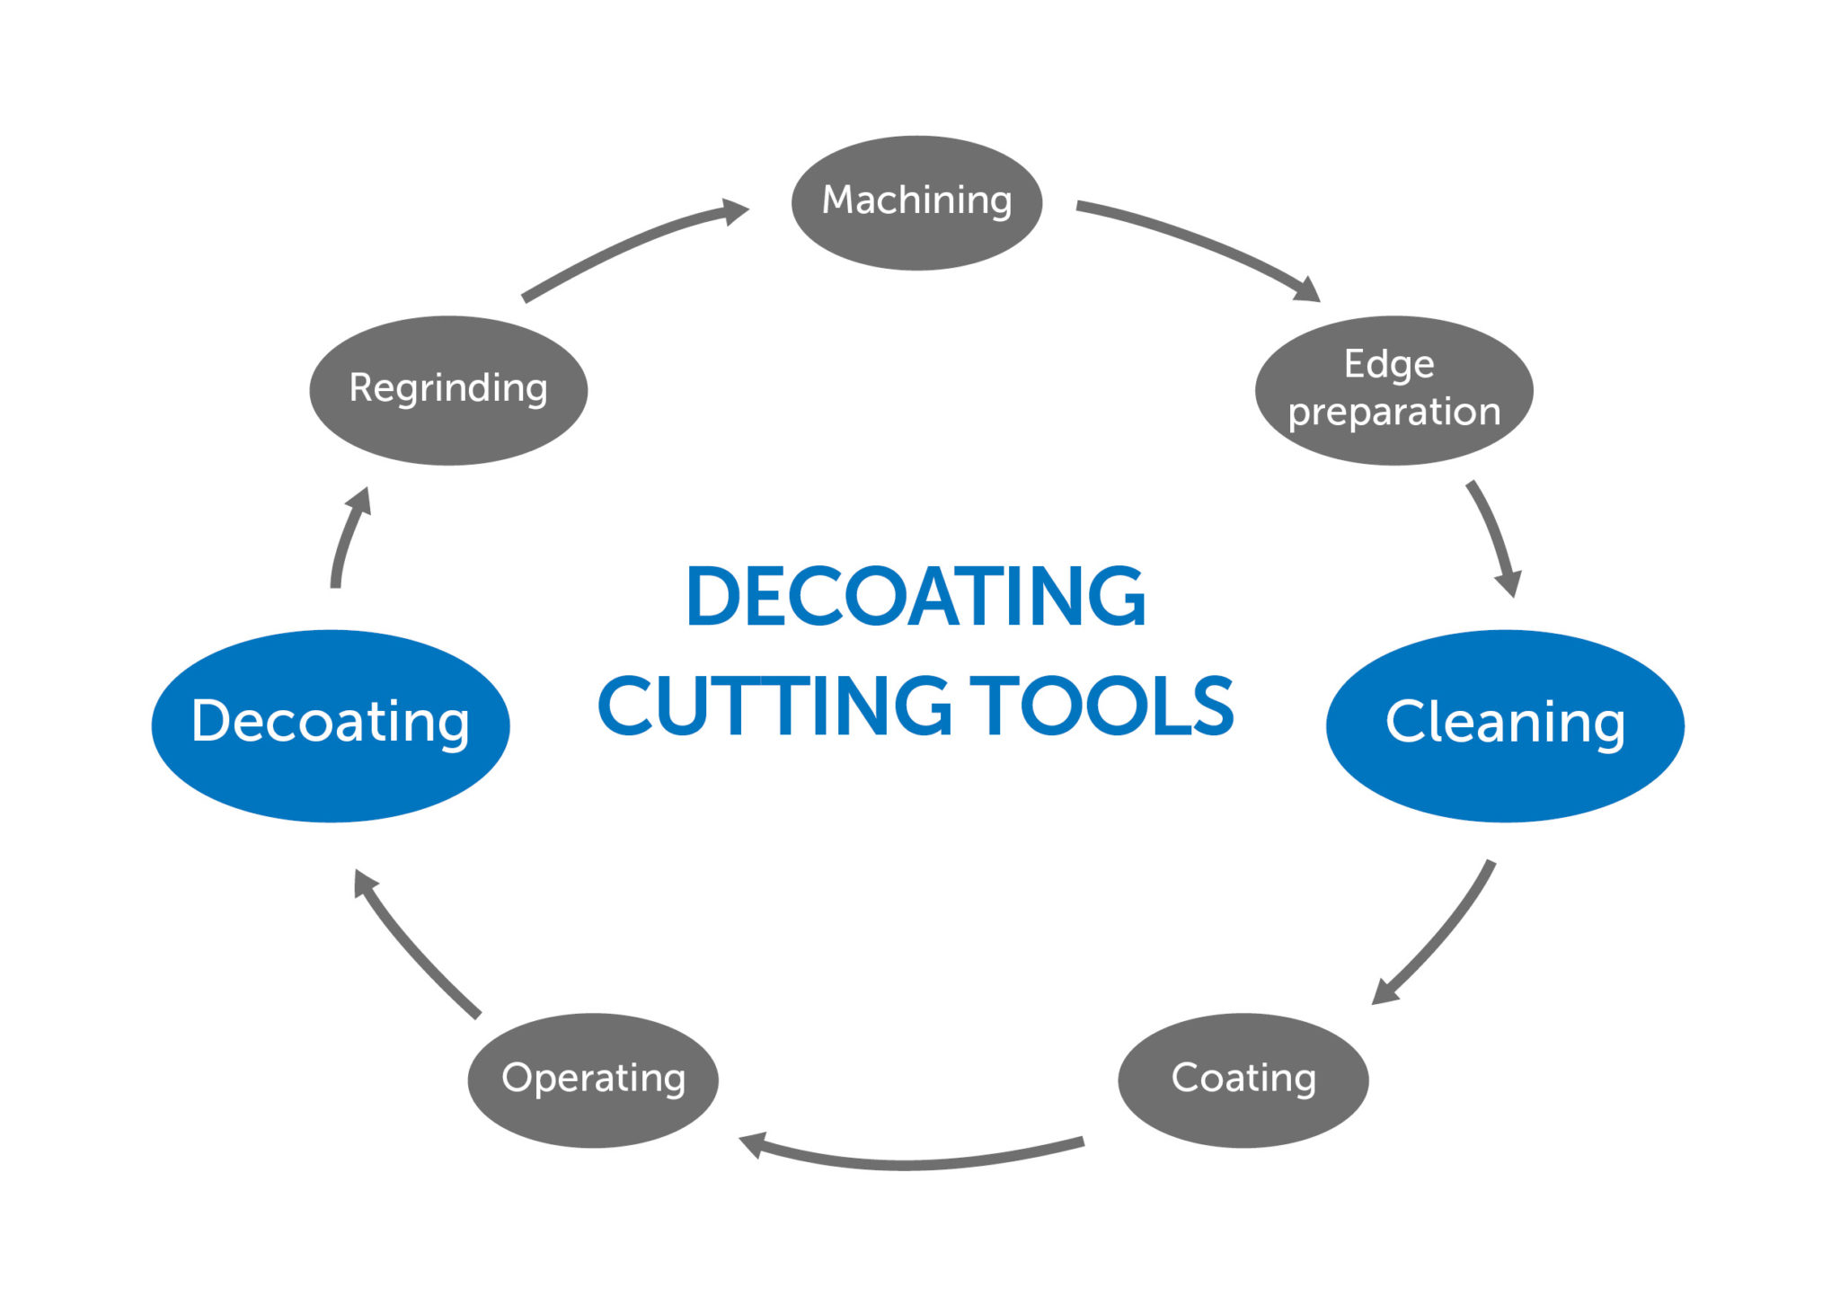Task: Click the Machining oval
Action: (x=916, y=202)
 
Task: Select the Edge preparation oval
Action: (x=1393, y=389)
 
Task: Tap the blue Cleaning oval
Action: (x=1505, y=724)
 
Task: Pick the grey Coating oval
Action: (x=1243, y=1080)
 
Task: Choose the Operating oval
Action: (x=593, y=1080)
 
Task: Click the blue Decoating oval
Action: (x=331, y=724)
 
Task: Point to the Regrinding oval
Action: (x=448, y=389)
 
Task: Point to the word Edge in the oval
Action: (x=1389, y=364)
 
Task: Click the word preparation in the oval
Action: (x=1393, y=412)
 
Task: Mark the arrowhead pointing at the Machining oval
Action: (x=736, y=212)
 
